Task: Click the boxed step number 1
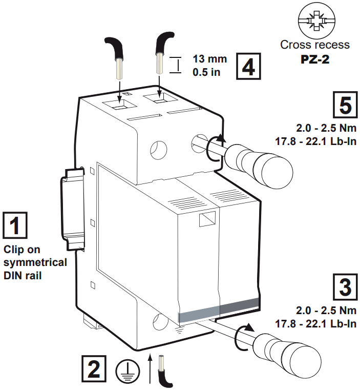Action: [x=16, y=225]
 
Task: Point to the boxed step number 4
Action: [x=248, y=67]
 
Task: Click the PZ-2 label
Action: [x=314, y=59]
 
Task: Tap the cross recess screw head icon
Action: [x=315, y=22]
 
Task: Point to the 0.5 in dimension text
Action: [x=206, y=72]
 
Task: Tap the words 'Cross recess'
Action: [x=315, y=45]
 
